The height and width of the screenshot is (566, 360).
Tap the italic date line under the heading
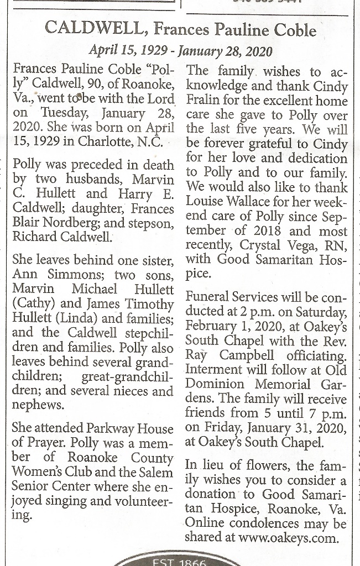181,51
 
